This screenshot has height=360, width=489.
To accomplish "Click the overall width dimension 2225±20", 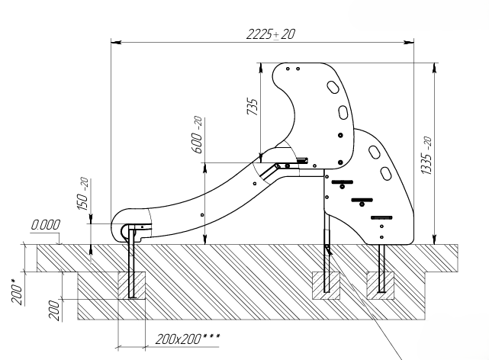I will click(272, 34).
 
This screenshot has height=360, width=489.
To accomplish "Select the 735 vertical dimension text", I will click(252, 108).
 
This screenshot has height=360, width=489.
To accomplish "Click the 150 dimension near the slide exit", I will click(84, 195).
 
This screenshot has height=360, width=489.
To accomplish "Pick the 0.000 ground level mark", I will click(46, 225).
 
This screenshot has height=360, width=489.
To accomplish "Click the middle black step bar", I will click(361, 201).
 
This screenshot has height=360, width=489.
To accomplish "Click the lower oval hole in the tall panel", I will click(343, 113).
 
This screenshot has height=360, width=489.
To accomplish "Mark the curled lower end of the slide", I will click(124, 226).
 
